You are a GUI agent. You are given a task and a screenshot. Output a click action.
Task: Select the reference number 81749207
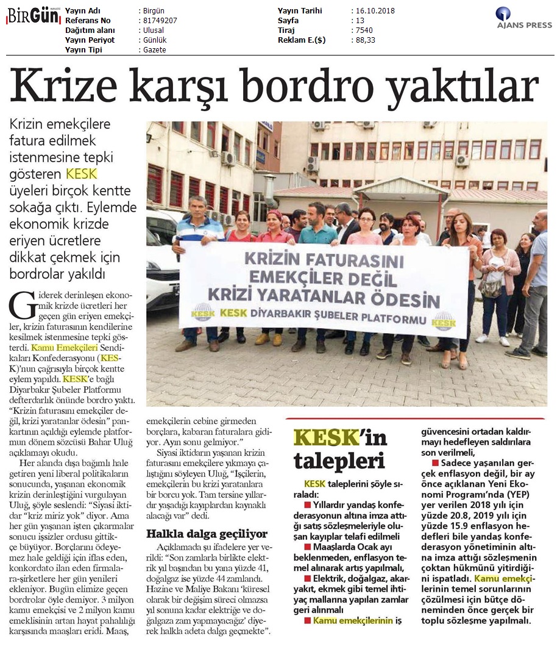pyautogui.click(x=158, y=20)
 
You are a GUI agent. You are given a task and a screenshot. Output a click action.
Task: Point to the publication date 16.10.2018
pyautogui.click(x=376, y=11)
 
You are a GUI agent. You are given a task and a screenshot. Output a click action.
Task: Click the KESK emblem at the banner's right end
pyautogui.click(x=444, y=320)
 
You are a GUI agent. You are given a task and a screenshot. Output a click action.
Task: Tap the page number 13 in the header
pyautogui.click(x=359, y=20)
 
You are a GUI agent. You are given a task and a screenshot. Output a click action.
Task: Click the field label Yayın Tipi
pyautogui.click(x=83, y=49)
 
